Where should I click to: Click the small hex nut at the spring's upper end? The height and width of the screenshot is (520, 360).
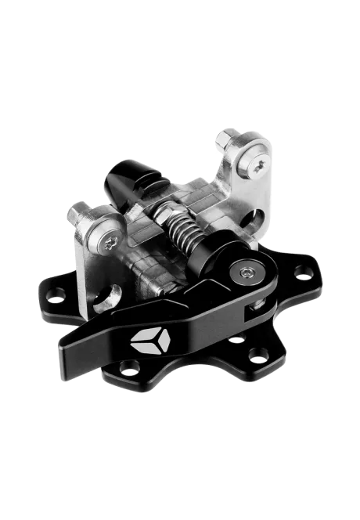point(166,209)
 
